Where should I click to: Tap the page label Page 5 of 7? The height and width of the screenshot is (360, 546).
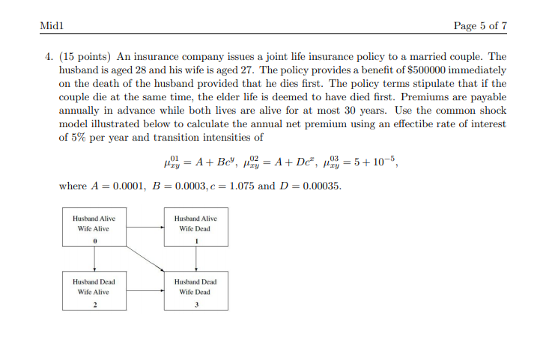tap(480, 25)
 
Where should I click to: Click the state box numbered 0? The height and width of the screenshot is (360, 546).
tap(94, 228)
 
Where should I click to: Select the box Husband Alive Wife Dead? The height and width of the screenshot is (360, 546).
tap(196, 228)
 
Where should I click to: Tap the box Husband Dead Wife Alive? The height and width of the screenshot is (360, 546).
tap(94, 292)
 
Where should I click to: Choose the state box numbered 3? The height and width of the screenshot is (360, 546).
tap(196, 292)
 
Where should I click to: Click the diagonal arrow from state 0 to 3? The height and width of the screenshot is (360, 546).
tap(146, 259)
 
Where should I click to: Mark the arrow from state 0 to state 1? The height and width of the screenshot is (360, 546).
tap(145, 225)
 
